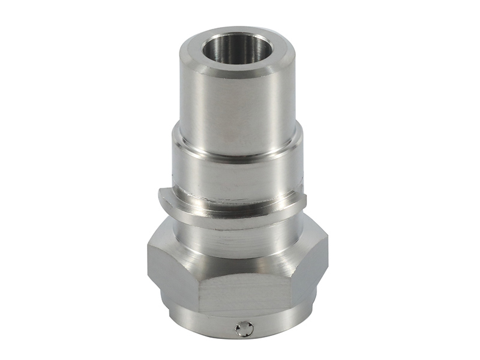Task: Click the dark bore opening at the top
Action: coord(238,49)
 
